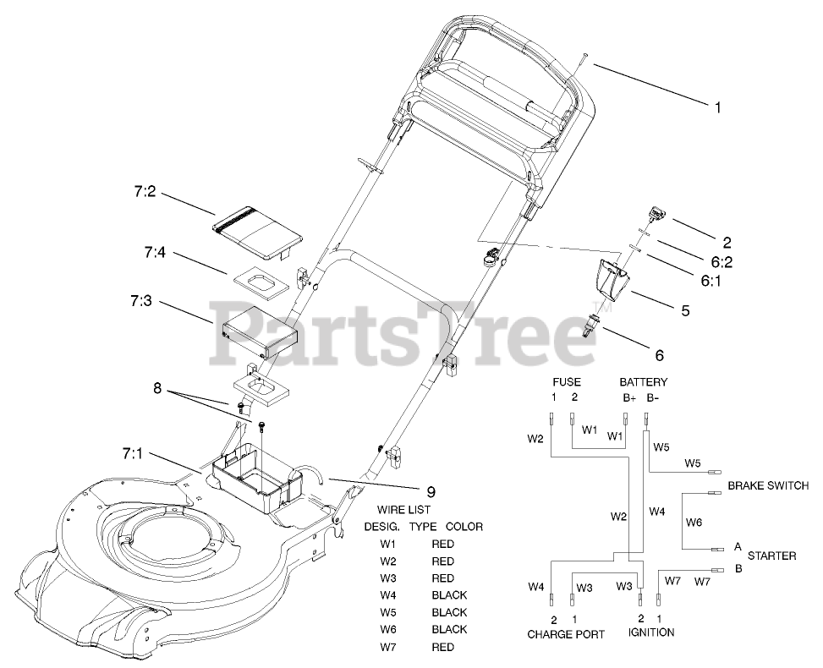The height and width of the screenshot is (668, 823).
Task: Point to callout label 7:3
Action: pyautogui.click(x=143, y=302)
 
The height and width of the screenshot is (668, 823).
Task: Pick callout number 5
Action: pyautogui.click(x=685, y=310)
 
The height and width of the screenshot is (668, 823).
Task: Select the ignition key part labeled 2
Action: pyautogui.click(x=656, y=216)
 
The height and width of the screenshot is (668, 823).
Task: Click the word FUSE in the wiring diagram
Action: pyautogui.click(x=565, y=382)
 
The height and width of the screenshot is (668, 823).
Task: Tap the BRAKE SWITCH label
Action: pyautogui.click(x=767, y=486)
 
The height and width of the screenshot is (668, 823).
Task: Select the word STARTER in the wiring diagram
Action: pyautogui.click(x=771, y=556)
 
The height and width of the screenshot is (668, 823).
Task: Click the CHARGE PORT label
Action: pyautogui.click(x=566, y=633)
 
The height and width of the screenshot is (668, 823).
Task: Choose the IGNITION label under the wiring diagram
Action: pyautogui.click(x=650, y=632)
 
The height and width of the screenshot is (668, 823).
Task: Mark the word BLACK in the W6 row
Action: pyautogui.click(x=449, y=629)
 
